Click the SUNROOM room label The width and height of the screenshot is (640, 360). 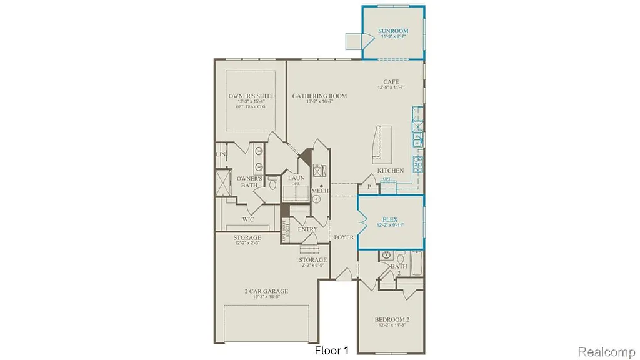pos(393,31)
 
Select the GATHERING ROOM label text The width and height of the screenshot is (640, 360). pos(319,96)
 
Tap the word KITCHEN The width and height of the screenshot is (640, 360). pos(390,171)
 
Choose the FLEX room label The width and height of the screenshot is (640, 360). pos(391,220)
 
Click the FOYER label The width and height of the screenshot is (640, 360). pos(344,237)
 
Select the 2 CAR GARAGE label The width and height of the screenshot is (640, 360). pos(266,291)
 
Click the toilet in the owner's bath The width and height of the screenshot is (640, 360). pos(272,182)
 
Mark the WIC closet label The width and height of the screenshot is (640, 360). pos(248,220)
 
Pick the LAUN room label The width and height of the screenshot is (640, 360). pos(296,178)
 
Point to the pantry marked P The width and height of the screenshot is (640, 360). pos(369,186)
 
